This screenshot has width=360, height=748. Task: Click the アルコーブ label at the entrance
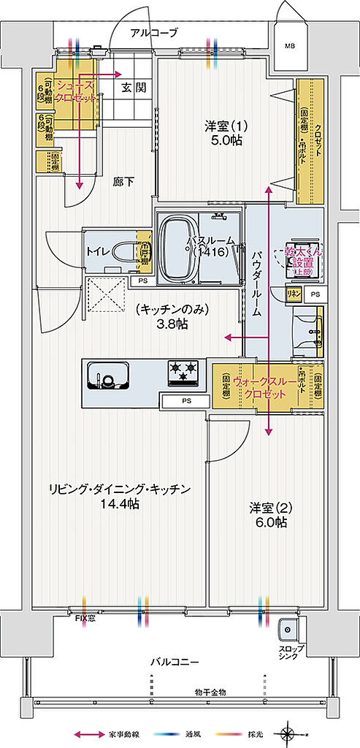click(x=155, y=33)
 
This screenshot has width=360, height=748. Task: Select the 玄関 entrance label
click(x=133, y=88)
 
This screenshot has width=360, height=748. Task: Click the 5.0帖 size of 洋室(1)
click(x=226, y=141)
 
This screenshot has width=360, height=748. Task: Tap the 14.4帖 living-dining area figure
click(x=121, y=505)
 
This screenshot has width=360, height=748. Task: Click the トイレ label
click(x=99, y=251)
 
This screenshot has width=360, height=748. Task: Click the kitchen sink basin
click(x=107, y=379)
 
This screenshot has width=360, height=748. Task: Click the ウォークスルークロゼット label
click(x=266, y=386)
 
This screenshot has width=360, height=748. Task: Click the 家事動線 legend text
click(x=125, y=733)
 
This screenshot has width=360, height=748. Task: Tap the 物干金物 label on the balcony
click(x=210, y=692)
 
